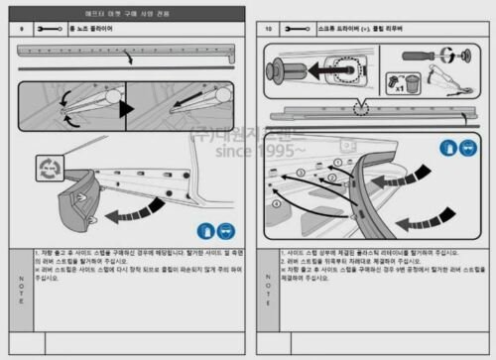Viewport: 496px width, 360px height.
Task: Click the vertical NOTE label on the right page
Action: click(x=268, y=279)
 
